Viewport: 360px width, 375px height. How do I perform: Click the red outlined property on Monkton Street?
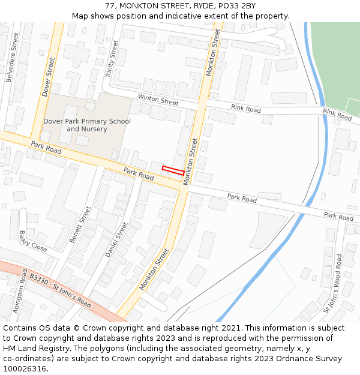[173, 170]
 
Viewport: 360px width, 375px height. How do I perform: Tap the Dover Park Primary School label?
[87, 125]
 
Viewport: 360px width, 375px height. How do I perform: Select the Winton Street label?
[158, 99]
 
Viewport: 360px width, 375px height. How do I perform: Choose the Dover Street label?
[49, 77]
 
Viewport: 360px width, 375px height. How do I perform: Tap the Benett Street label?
[80, 224]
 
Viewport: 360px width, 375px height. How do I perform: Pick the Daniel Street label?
[116, 240]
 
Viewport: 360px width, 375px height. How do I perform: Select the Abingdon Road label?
[20, 292]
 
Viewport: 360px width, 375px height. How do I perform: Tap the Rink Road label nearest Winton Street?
[246, 109]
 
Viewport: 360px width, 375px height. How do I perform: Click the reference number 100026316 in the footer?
[24, 368]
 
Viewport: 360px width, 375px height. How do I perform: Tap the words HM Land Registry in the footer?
[34, 348]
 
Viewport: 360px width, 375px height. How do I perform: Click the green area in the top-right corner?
[336, 60]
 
